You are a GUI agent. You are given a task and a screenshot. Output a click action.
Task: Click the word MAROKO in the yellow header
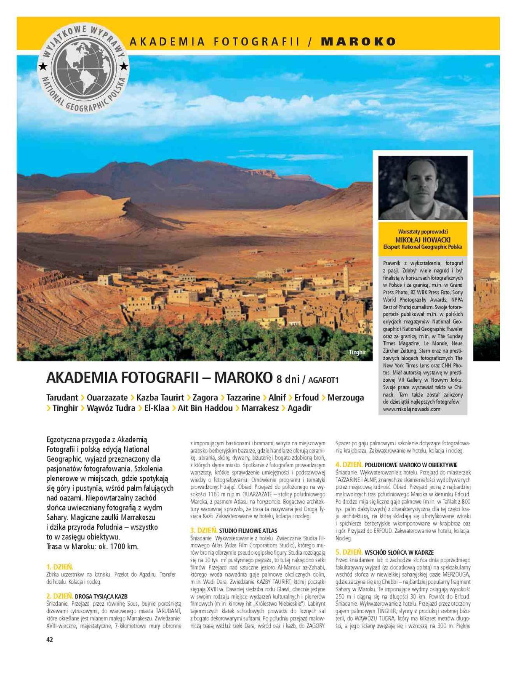click(358, 41)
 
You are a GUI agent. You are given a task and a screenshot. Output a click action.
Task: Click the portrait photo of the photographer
click(423, 187)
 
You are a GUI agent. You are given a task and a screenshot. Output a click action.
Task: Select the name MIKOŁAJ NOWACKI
click(423, 239)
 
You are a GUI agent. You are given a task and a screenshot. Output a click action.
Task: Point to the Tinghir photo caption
click(357, 352)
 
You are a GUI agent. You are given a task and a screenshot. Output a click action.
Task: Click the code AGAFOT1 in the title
click(323, 380)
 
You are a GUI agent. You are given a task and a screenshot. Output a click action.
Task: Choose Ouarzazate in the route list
click(107, 397)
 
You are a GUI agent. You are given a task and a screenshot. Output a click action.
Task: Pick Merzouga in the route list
click(346, 397)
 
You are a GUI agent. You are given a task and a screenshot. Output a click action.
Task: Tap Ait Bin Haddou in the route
click(205, 408)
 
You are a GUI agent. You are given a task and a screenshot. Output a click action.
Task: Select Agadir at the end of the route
click(299, 408)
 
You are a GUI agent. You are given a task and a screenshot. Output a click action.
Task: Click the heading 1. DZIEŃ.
click(60, 567)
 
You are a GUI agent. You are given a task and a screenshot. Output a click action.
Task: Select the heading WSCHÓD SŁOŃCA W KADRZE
click(399, 552)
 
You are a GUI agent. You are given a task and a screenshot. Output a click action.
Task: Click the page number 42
click(50, 640)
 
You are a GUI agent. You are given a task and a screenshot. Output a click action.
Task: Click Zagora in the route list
click(205, 397)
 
